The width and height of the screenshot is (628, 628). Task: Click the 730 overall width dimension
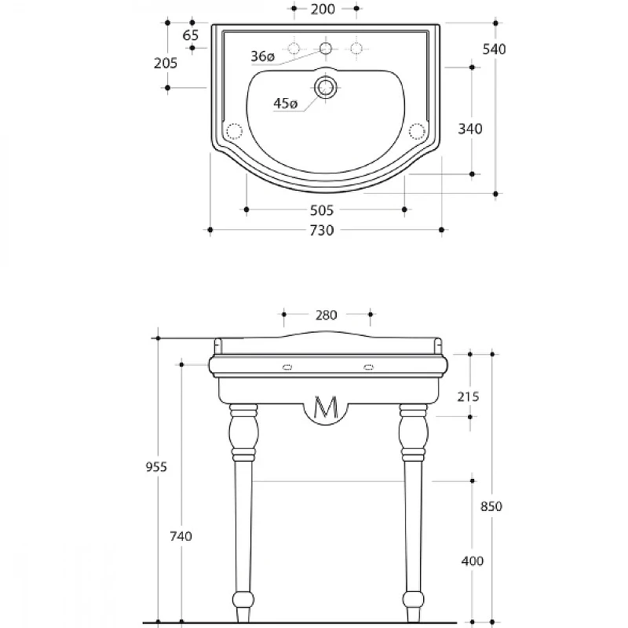[322, 230]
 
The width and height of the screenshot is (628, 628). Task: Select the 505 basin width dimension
[322, 210]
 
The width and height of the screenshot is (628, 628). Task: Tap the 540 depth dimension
[495, 49]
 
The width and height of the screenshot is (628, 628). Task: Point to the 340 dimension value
[470, 129]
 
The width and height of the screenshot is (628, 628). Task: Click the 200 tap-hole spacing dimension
[323, 9]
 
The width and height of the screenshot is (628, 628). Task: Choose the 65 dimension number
[191, 35]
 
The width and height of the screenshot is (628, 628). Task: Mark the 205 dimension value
[166, 63]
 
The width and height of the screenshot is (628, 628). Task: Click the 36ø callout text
[263, 56]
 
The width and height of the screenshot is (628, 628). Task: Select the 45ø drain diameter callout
[286, 104]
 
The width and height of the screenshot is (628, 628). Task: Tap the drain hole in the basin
[325, 87]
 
